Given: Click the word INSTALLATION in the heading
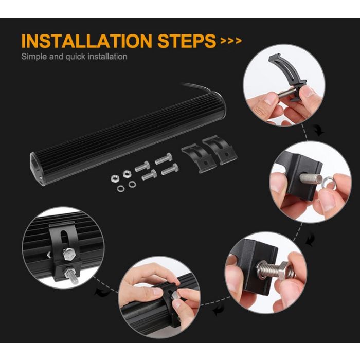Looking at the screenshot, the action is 86,41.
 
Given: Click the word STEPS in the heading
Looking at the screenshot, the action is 187,41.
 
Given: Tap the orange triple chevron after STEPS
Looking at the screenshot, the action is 231,41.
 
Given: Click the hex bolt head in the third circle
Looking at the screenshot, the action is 286,271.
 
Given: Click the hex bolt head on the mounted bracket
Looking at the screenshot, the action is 69,254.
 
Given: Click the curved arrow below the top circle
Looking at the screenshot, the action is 319,131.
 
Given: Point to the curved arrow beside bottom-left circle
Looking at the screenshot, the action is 102,292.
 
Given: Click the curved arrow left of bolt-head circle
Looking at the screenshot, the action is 218,310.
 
